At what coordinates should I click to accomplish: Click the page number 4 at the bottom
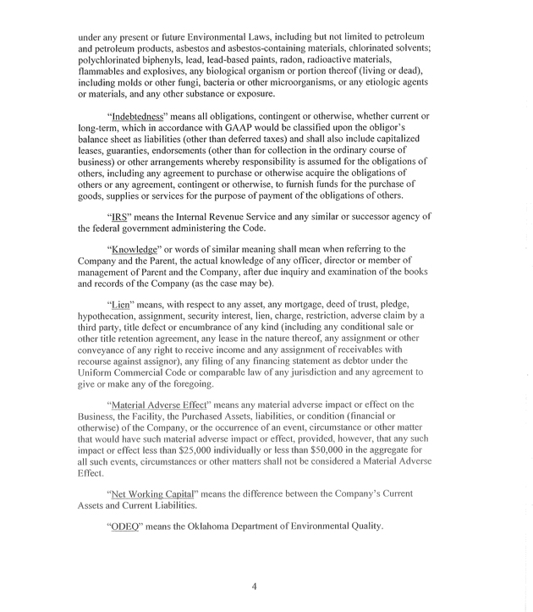[x=254, y=586]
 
